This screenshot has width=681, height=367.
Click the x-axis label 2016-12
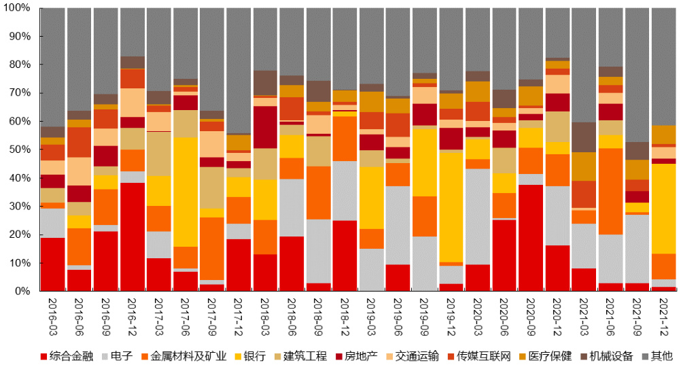pyautogui.click(x=133, y=315)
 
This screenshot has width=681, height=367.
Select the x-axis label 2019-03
pyautogui.click(x=372, y=315)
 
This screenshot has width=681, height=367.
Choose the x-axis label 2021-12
pyautogui.click(x=664, y=315)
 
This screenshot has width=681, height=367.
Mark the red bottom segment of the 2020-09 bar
pyautogui.click(x=531, y=238)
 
